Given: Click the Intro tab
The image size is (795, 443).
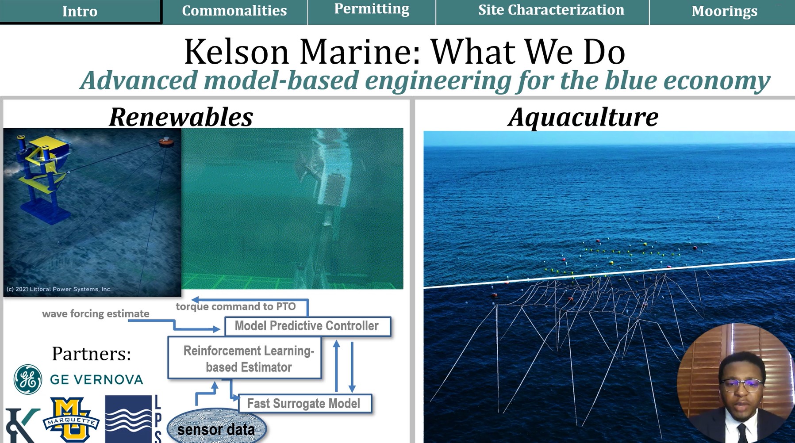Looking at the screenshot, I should [80, 11].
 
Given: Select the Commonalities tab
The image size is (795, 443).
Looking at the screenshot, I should [234, 11].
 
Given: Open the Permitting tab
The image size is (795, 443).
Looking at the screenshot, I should [372, 9].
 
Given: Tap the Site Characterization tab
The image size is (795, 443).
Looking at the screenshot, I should [551, 10].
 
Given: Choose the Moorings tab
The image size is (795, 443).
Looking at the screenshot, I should [724, 11].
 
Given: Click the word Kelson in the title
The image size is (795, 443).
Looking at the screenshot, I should [236, 52].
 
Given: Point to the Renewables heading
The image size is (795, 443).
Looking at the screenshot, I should [181, 117].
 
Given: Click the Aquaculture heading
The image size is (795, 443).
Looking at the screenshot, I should [583, 117].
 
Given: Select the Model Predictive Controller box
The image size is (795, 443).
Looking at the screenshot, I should [307, 326].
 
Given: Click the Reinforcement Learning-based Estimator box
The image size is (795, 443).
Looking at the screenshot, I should [245, 359].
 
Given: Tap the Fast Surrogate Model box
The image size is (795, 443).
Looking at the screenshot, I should [304, 404].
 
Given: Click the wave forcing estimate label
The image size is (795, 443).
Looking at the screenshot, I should [96, 314].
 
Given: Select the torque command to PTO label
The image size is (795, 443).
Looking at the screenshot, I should [236, 306].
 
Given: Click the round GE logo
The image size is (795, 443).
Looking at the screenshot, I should [28, 379].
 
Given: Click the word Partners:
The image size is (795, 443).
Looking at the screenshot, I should [92, 354].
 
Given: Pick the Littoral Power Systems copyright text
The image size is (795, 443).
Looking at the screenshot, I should [59, 289].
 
